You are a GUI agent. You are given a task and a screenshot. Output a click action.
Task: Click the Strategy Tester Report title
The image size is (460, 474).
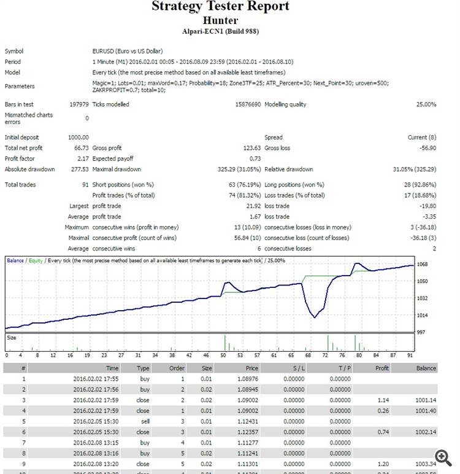220,7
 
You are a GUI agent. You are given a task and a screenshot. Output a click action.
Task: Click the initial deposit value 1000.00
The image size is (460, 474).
77,137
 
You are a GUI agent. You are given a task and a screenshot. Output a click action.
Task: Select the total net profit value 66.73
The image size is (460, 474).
81,148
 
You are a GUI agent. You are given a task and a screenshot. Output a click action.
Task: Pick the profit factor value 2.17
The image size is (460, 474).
83,158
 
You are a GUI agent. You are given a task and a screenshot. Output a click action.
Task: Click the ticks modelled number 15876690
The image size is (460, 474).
243,104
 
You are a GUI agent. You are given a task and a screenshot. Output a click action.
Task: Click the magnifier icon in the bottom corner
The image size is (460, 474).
443,456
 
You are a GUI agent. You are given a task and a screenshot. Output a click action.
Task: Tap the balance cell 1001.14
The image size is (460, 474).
424,400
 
